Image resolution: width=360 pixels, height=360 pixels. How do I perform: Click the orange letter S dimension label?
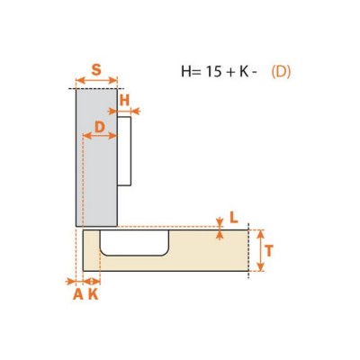pos(96,70)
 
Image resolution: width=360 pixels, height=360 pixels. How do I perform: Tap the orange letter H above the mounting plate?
pos(124,100)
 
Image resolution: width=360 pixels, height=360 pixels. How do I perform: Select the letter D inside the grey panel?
pos(100,127)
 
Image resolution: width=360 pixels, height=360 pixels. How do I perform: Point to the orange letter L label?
pos(234,218)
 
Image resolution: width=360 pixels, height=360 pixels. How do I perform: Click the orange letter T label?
pos(269,251)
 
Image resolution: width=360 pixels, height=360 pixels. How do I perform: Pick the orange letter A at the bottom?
pos(78,294)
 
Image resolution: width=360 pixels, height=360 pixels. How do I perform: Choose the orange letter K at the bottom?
pos(94,294)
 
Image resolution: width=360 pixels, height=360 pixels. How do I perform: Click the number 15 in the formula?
pos(213,72)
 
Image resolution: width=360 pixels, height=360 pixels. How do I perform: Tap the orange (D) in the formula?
pos(281,72)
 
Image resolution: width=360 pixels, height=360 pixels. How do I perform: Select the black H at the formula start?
pos(185,72)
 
